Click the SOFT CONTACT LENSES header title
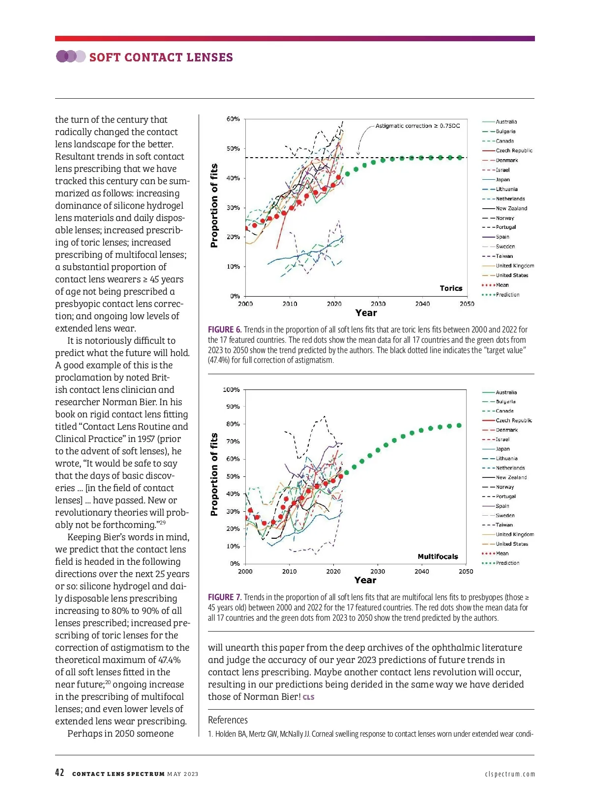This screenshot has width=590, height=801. click(161, 57)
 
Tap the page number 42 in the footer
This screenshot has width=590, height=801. click(59, 773)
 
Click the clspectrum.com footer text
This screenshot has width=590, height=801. click(509, 774)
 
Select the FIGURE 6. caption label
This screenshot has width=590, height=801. click(224, 330)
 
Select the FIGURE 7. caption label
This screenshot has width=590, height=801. click(224, 597)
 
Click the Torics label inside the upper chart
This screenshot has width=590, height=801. click(451, 288)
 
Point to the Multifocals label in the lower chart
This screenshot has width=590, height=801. click(438, 556)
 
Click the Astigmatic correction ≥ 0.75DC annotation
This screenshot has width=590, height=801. click(417, 126)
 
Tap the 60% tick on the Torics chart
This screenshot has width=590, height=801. click(233, 119)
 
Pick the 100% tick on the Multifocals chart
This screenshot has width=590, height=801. click(231, 389)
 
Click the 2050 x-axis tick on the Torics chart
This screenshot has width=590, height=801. click(467, 304)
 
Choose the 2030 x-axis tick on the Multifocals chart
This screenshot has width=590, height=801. click(378, 572)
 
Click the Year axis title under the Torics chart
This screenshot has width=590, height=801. click(366, 313)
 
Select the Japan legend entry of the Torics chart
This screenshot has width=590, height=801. click(502, 180)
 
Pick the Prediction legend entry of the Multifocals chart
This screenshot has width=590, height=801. click(507, 563)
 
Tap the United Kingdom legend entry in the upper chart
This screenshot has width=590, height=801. click(515, 266)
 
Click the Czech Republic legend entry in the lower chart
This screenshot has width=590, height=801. click(514, 420)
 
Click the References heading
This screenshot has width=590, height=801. click(228, 720)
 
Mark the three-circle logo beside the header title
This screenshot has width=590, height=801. click(70, 56)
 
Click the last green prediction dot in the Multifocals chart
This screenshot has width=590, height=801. click(459, 425)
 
